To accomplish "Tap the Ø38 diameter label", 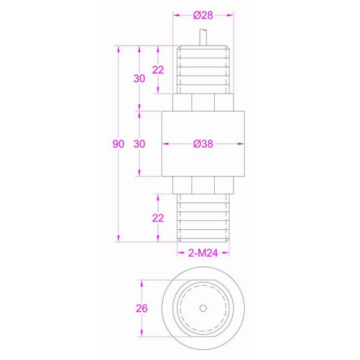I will pos(203,145).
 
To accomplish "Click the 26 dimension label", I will pos(142,308).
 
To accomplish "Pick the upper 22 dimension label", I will pos(158,70).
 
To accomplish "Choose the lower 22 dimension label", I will pos(158,218).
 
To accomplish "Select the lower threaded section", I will pos(203,219).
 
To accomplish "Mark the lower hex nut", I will pos(203,185).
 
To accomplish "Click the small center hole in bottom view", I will pos(203,308).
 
